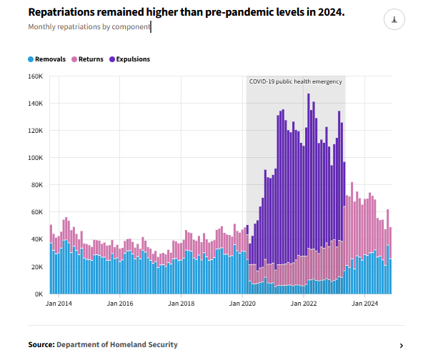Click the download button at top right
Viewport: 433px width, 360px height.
394,20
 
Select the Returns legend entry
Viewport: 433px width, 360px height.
91,59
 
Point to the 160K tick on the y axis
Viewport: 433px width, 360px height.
36,76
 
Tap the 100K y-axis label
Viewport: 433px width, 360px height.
36,158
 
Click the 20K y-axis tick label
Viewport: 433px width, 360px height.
37,267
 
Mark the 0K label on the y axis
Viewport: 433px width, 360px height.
39,294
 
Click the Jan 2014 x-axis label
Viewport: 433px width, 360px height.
59,304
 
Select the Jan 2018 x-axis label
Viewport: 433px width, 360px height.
181,304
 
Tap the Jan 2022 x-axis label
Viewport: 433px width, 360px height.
304,304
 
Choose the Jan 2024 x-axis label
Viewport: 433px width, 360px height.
365,304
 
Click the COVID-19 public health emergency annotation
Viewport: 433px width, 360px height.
295,82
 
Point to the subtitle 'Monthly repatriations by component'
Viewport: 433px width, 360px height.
89,27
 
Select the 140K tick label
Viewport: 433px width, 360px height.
36,104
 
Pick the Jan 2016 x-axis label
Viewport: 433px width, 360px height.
119,304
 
